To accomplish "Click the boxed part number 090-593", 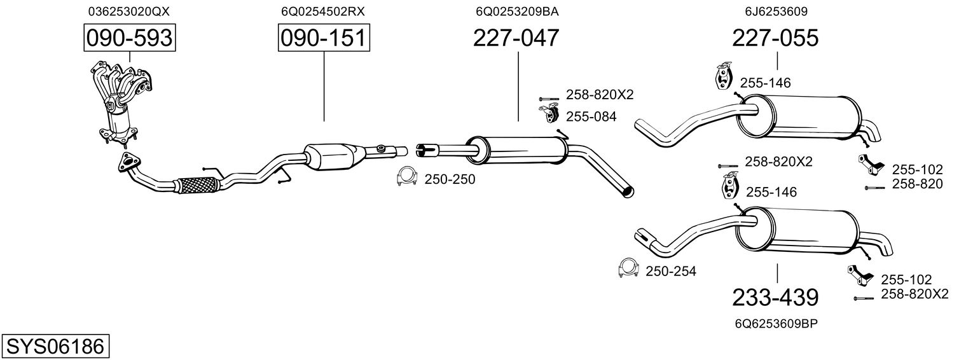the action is pos(130,38).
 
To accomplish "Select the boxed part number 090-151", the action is pos(324,38).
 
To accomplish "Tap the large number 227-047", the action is pos(516,38).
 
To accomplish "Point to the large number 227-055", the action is pos(775,38).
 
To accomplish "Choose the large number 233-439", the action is pos(775,298).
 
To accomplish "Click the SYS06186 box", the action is pos(55,347).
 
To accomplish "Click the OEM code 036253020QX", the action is pos(129,11).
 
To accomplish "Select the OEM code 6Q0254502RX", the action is pos(323,11).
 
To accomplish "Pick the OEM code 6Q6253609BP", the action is pos(776,324).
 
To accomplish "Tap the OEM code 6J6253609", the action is pos(776,11).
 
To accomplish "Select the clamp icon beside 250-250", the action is pos(407,176).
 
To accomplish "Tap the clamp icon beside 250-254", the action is pos(628,268).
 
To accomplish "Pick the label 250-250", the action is pos(450,179).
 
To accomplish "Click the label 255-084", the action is pos(591,116).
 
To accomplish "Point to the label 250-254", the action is pos(671,272).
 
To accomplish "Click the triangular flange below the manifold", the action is pos(128,162).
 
